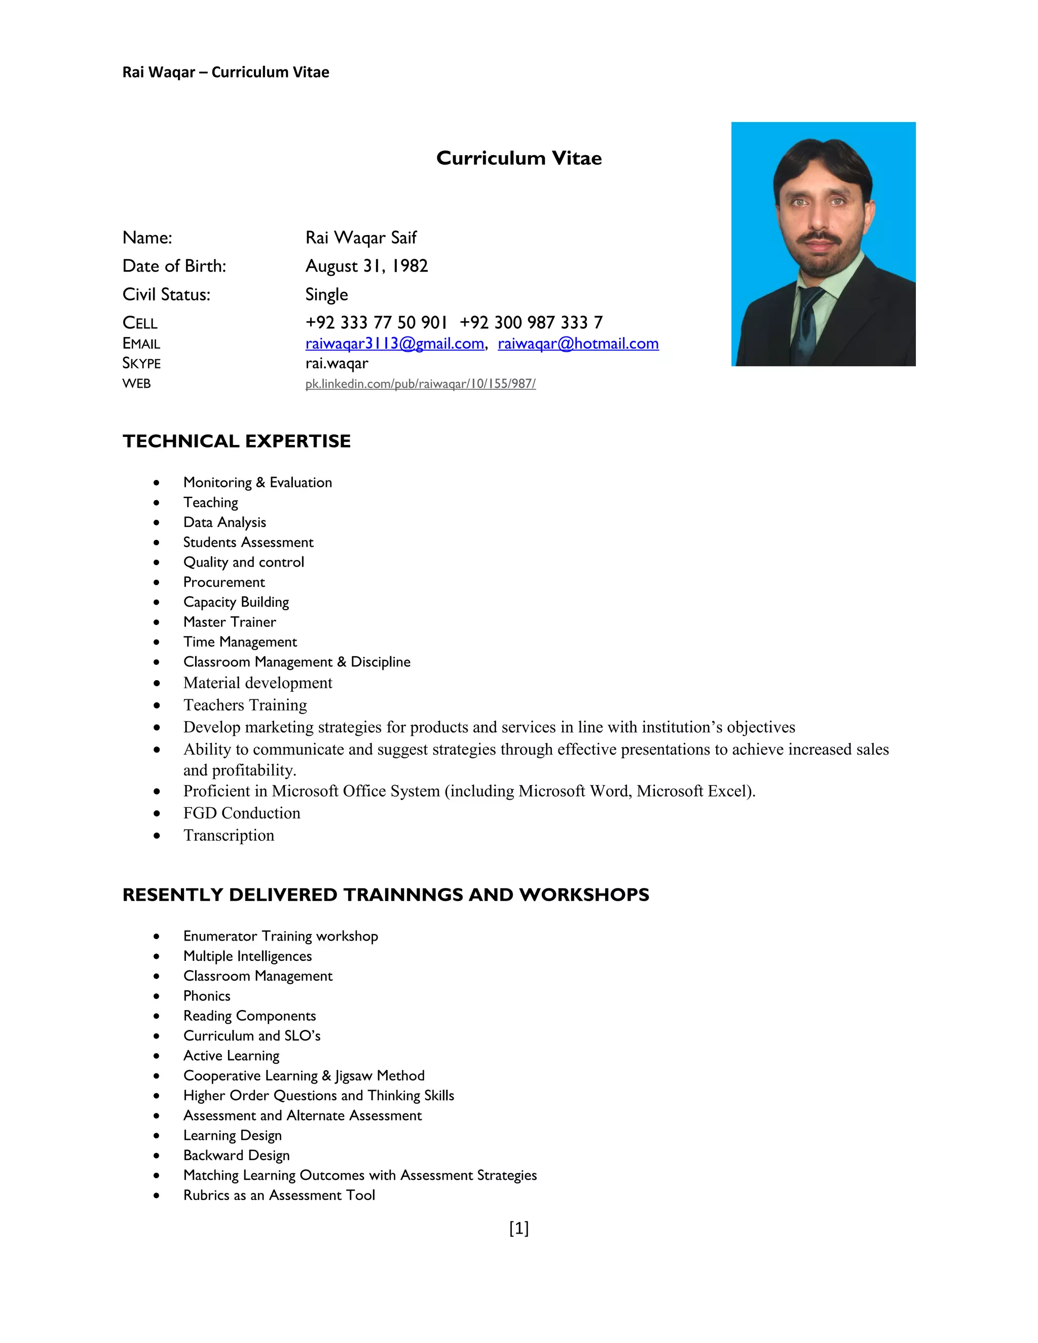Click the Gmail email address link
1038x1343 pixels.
394,343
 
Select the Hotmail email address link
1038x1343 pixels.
577,343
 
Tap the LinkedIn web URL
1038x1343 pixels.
420,384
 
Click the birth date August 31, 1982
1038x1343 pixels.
366,266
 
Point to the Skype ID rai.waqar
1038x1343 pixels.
337,363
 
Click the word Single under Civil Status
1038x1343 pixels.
326,294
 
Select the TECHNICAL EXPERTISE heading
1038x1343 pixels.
236,441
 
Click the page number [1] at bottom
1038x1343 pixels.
518,1228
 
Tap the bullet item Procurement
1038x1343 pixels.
224,582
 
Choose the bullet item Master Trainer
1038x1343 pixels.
230,622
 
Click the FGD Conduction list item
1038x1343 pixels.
242,813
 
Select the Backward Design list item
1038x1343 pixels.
236,1155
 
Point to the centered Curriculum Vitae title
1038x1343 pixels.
518,158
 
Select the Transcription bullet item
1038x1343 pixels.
229,835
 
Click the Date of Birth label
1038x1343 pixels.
174,266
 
